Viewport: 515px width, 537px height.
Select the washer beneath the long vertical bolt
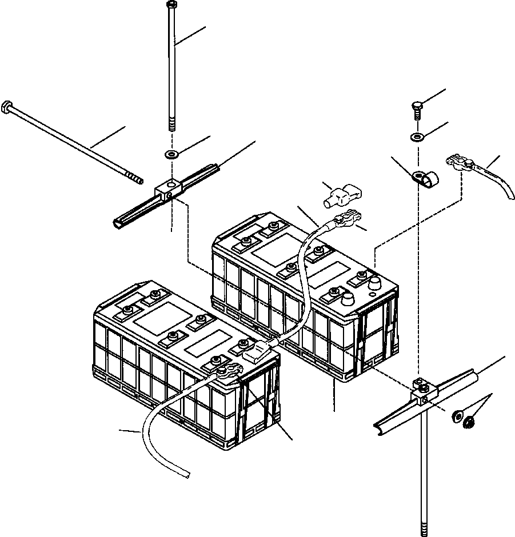click(171, 154)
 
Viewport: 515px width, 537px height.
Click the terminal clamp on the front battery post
click(225, 371)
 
